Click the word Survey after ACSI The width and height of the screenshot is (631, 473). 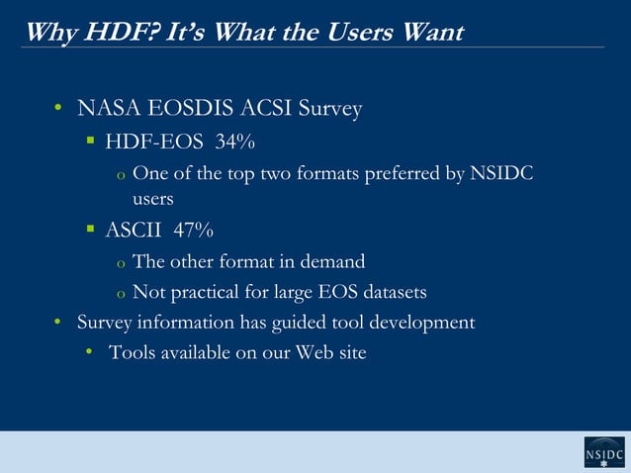[331, 108]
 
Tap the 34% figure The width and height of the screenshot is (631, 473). [235, 143]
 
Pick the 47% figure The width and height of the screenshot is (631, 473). [193, 231]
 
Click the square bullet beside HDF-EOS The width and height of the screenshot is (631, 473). [89, 143]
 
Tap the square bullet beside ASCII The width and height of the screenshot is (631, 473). [89, 231]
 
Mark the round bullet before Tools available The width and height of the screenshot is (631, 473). [89, 352]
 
